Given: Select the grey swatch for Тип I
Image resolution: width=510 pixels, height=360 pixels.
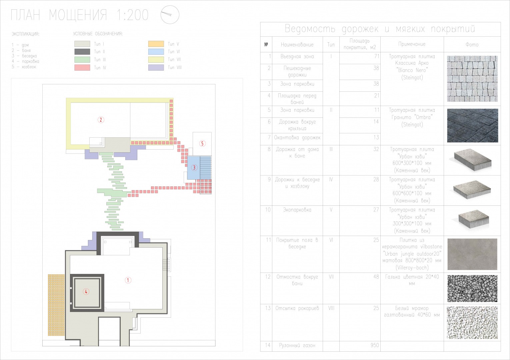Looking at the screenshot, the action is tap(82, 44).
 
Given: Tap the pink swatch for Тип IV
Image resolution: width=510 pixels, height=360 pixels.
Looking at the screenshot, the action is tap(82, 68).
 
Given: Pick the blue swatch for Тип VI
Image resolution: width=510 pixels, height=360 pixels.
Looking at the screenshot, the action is tap(156, 52).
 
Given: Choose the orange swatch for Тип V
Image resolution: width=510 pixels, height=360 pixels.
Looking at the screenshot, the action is tap(156, 44).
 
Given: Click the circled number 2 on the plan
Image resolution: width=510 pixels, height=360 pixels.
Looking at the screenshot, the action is tap(101, 120).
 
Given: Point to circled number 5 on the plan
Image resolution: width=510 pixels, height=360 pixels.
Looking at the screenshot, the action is tap(202, 143).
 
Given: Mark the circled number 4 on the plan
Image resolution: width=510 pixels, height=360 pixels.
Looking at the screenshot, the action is tap(86, 291).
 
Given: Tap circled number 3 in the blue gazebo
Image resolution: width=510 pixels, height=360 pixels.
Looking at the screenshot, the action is tap(194, 168).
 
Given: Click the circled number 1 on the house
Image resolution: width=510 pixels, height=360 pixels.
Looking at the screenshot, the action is tap(128, 280).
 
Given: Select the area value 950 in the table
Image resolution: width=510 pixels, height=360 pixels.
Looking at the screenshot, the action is tap(375, 345).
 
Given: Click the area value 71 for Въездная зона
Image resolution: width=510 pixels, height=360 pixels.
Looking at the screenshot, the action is tap(377, 56).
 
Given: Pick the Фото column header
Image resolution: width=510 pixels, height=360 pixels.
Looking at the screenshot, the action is tap(472, 45).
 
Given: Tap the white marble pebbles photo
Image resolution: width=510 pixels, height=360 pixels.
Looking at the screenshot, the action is tap(472, 322).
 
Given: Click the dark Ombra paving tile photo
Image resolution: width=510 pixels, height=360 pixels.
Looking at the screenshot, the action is tap(472, 125).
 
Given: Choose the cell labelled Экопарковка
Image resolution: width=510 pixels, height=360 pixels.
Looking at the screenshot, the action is tap(297, 210).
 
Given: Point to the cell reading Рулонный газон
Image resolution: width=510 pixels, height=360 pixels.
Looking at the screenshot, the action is tap(297, 345).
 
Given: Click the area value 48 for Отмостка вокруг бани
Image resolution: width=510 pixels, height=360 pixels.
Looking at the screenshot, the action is tap(376, 277).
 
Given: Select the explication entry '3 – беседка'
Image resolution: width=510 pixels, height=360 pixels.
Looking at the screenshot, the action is tap(24, 56).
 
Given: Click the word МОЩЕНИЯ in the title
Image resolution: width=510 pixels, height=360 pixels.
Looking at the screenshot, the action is tap(78, 15).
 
